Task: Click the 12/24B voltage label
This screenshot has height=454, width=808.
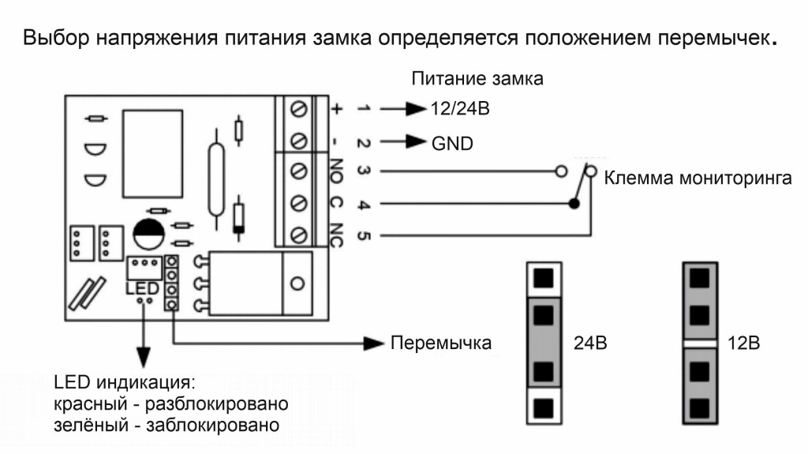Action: pyautogui.click(x=460, y=109)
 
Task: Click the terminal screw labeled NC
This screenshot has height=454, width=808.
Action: pyautogui.click(x=300, y=235)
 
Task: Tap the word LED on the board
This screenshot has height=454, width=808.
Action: pyautogui.click(x=142, y=288)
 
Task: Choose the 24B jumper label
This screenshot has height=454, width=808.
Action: pyautogui.click(x=588, y=344)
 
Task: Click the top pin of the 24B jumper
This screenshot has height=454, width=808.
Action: pyautogui.click(x=543, y=277)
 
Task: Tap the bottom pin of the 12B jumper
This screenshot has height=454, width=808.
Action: pyautogui.click(x=700, y=409)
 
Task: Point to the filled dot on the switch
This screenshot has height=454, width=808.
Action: pyautogui.click(x=576, y=204)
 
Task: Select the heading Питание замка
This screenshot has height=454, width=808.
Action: pyautogui.click(x=478, y=80)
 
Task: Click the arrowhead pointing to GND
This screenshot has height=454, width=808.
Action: pyautogui.click(x=416, y=144)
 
